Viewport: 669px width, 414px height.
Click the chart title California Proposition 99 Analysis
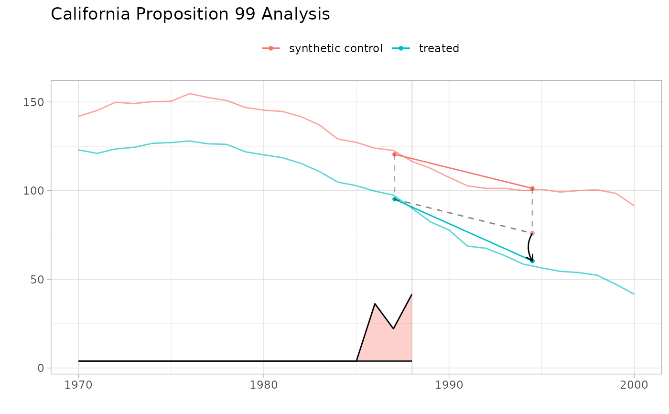tap(190, 14)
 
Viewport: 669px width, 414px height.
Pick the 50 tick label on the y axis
tap(38, 279)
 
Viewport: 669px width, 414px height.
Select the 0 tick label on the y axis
tap(41, 368)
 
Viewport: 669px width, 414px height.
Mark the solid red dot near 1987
tap(394, 154)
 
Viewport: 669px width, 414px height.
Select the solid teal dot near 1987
tap(394, 199)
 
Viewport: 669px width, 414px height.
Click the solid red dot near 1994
tap(532, 188)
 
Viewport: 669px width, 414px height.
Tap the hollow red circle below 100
tap(532, 233)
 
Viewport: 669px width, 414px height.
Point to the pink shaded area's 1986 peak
tap(375, 304)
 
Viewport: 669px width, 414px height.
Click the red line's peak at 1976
tap(190, 94)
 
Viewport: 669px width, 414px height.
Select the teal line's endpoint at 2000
tap(634, 294)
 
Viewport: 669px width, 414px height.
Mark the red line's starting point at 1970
tap(79, 116)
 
